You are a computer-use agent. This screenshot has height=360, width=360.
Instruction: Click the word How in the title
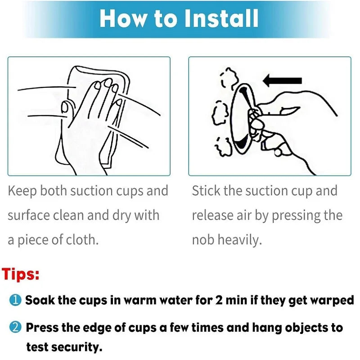pos(123,18)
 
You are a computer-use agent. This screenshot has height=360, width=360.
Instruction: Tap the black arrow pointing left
pos(282,81)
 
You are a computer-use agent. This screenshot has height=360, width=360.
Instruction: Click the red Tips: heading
pos(21,274)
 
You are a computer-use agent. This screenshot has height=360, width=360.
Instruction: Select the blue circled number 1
pos(15,300)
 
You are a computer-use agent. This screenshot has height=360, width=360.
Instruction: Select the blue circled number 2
pos(15,327)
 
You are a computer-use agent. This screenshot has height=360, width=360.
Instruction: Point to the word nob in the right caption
pos(203,239)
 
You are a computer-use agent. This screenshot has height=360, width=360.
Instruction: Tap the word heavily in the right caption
pos(240,240)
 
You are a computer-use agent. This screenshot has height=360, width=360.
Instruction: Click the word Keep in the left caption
pos(22,191)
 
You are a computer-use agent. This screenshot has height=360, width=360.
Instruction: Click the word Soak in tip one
pos(40,300)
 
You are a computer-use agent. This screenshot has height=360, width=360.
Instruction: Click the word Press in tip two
pos(42,328)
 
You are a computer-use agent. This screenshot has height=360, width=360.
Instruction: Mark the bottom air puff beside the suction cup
pos(223,147)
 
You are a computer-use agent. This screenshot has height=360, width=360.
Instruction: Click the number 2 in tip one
pos(219,300)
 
